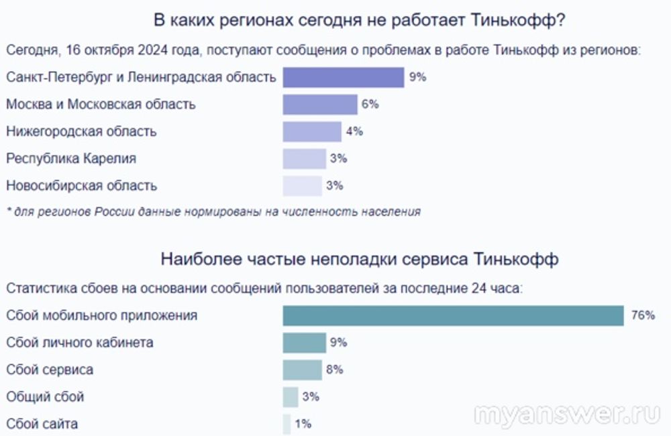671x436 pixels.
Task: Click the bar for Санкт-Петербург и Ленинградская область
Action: coord(343,77)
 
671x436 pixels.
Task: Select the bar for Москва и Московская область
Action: coord(319,105)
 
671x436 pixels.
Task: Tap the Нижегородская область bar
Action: coord(312,131)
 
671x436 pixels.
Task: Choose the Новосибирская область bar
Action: coord(303,186)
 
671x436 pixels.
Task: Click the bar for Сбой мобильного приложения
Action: coord(453,315)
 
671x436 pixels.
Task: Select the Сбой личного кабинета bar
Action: coord(304,343)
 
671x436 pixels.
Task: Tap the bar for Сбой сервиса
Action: coord(302,370)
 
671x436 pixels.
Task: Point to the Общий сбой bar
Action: coord(291,397)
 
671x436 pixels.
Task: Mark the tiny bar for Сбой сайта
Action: coord(287,424)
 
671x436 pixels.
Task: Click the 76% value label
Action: coord(643,315)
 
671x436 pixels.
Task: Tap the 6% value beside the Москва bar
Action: coord(370,105)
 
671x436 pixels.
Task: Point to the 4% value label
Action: coord(354,131)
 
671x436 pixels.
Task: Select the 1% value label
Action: coord(303,424)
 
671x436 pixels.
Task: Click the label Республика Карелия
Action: coord(71,159)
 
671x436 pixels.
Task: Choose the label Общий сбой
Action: coord(45,397)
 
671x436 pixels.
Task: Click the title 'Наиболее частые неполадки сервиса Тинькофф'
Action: coord(359,259)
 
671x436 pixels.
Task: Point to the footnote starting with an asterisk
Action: coord(213,212)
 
